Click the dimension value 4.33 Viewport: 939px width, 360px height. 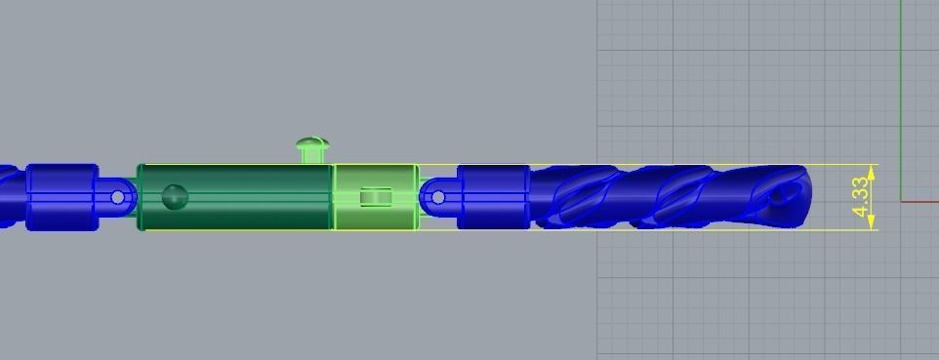coord(861,198)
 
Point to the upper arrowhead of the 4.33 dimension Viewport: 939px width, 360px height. coord(872,170)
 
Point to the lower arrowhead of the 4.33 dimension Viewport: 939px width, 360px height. coord(872,224)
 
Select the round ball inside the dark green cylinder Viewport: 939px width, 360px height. coord(175,197)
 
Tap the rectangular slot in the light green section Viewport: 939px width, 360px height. coord(376,198)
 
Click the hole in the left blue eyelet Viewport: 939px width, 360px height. coord(118,198)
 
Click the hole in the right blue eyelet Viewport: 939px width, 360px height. coord(437,198)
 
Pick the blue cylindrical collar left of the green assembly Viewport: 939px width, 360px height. coord(61,198)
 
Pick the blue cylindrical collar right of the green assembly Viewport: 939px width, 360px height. coord(493,198)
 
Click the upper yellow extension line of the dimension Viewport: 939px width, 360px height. coord(683,165)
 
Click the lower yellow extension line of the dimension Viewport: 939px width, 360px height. coord(683,230)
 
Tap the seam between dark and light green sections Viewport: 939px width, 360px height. coord(334,198)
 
